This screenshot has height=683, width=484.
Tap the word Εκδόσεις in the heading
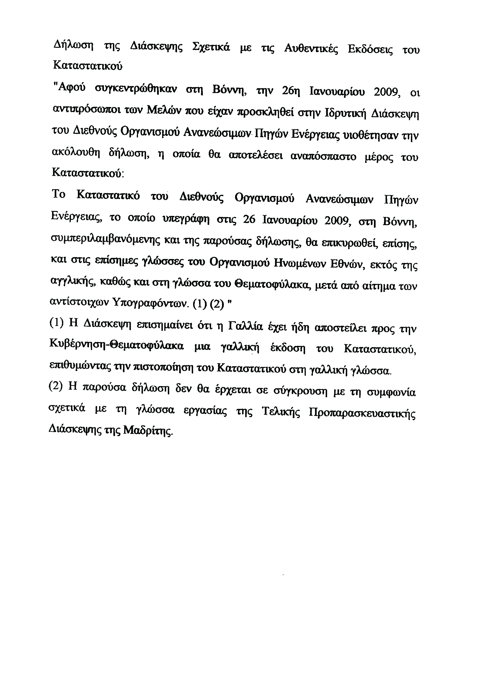(x=370, y=49)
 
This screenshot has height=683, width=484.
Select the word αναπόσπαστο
(x=323, y=156)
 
